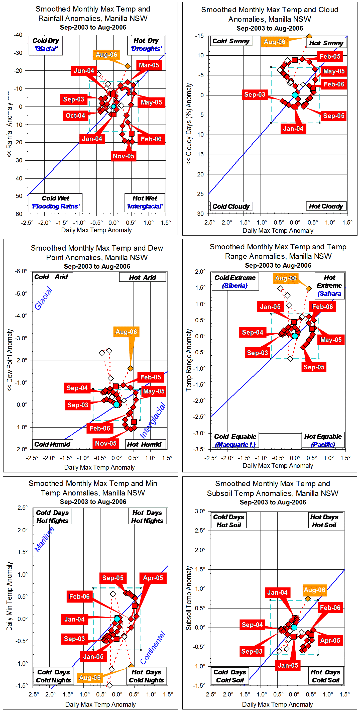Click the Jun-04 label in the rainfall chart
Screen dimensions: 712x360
pyautogui.click(x=84, y=71)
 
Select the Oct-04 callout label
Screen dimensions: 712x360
pyautogui.click(x=75, y=116)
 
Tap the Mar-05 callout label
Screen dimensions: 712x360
pyautogui.click(x=149, y=65)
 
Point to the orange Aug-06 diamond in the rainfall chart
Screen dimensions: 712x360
pyautogui.click(x=127, y=66)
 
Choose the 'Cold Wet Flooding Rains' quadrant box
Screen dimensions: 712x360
pyautogui.click(x=56, y=202)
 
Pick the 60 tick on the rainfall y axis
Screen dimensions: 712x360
pyautogui.click(x=19, y=214)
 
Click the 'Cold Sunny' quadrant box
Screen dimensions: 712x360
pyautogui.click(x=231, y=41)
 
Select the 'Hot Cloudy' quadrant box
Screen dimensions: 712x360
pyautogui.click(x=326, y=206)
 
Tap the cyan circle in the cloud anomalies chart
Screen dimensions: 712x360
pyautogui.click(x=295, y=95)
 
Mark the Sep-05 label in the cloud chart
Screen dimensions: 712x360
pyautogui.click(x=333, y=116)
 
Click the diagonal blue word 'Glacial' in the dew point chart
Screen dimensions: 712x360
pyautogui.click(x=43, y=298)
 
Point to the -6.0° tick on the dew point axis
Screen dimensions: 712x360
pyautogui.click(x=21, y=271)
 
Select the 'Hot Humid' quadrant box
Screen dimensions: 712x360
pyautogui.click(x=144, y=444)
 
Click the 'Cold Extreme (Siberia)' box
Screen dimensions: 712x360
pyautogui.click(x=235, y=281)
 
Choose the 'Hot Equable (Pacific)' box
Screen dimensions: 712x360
pyautogui.click(x=323, y=440)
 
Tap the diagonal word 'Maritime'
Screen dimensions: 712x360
pyautogui.click(x=44, y=539)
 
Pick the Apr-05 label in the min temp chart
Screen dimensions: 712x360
pyautogui.click(x=153, y=578)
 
